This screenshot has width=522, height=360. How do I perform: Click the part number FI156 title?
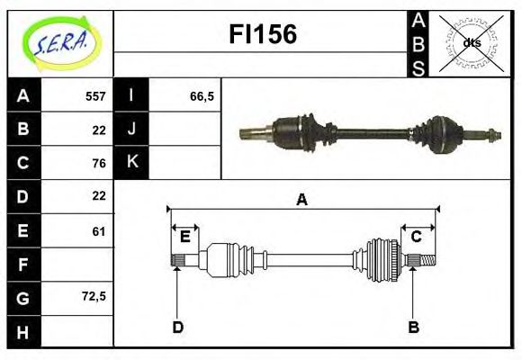tap(263, 35)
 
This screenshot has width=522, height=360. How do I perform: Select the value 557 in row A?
tap(95, 95)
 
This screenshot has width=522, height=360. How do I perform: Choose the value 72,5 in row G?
tap(94, 296)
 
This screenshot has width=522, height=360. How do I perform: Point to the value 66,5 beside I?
tap(202, 95)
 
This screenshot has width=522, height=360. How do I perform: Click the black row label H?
tap(23, 332)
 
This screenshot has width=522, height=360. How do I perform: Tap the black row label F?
tap(23, 265)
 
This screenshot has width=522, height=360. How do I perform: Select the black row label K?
tap(132, 163)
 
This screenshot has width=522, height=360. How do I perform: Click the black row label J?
tap(132, 129)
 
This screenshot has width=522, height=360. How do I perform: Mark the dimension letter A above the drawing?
tap(301, 200)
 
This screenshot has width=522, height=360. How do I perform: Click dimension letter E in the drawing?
tap(184, 237)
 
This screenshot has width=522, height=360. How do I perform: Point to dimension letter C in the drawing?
tap(416, 237)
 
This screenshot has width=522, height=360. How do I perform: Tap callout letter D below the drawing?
tap(177, 327)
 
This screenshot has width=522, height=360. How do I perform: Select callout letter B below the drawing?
tap(413, 327)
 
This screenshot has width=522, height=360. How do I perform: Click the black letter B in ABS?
tap(418, 42)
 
